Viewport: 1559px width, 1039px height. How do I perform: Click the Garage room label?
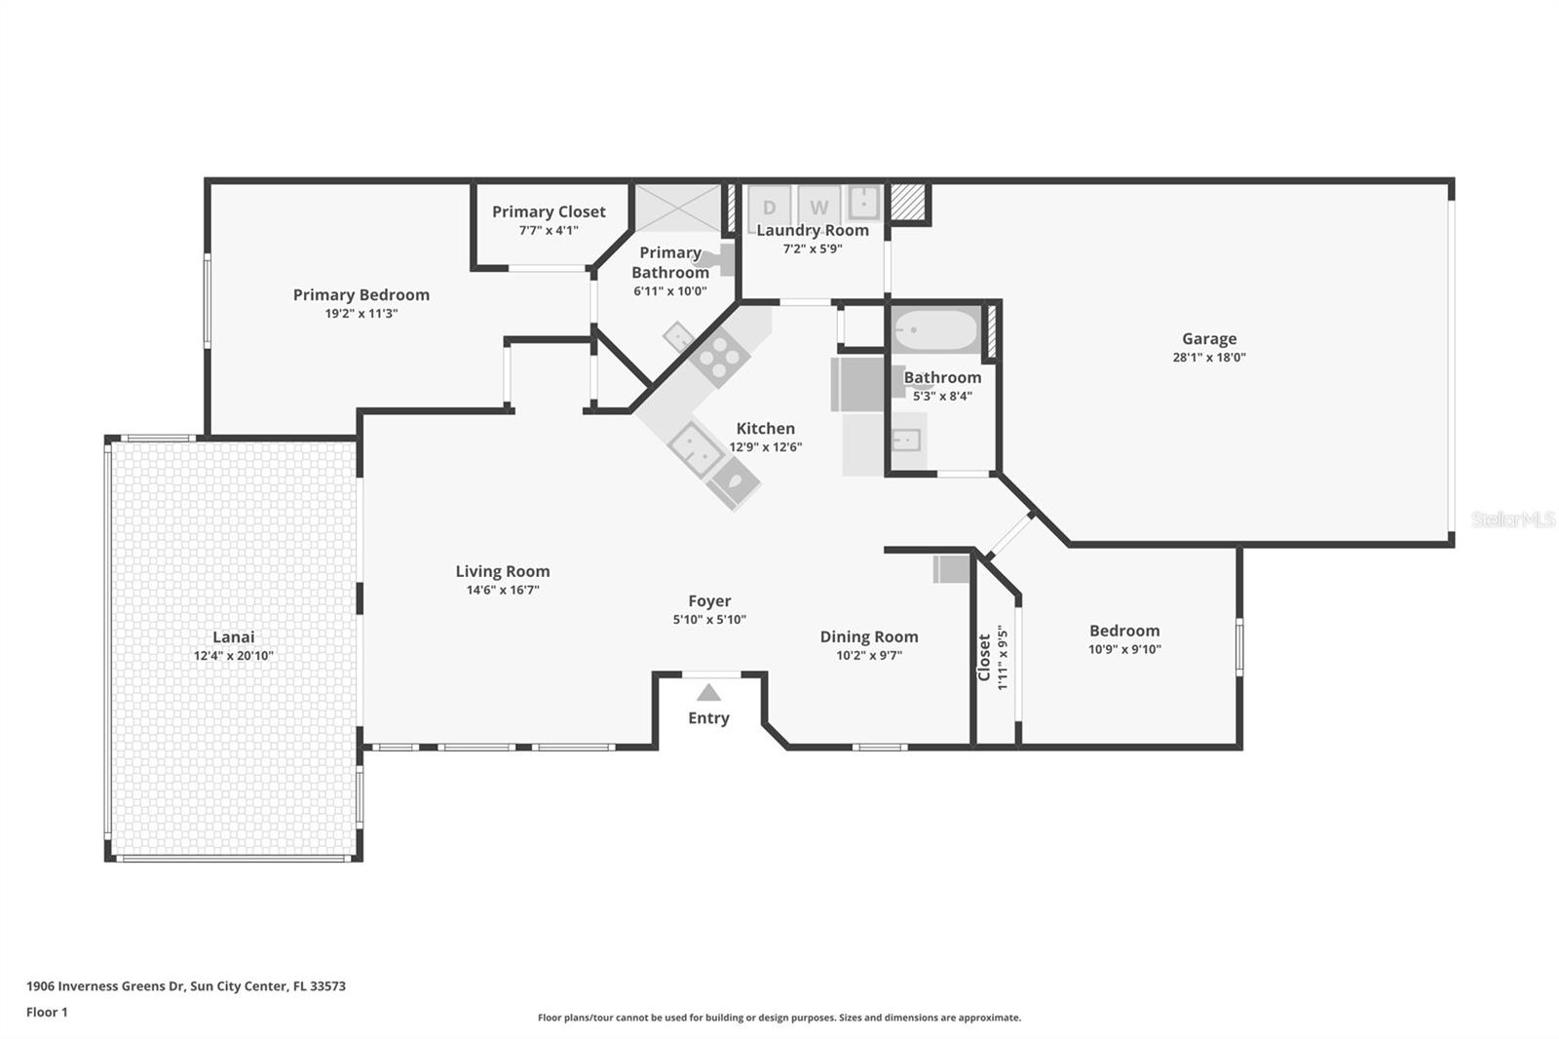click(1208, 339)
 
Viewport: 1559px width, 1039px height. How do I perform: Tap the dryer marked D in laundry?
click(769, 207)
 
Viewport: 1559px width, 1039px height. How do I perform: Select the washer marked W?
click(819, 207)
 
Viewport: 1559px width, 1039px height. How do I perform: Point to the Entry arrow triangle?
click(708, 693)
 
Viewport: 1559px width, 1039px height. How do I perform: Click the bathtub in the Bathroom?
click(935, 331)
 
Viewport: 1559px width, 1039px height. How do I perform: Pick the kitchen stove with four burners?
click(719, 356)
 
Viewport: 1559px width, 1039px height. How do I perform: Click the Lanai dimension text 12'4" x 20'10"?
click(233, 656)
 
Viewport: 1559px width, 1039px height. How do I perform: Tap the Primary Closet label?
click(549, 212)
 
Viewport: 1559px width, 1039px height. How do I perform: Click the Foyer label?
click(708, 601)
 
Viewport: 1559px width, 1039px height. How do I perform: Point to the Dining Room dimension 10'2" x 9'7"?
click(868, 655)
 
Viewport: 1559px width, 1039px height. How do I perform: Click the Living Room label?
click(502, 572)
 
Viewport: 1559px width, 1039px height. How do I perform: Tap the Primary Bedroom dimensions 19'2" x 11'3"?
click(361, 314)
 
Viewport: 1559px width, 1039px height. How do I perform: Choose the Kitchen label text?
click(765, 429)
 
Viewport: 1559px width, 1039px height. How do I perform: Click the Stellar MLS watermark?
click(1512, 519)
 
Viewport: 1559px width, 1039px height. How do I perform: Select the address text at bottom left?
click(185, 986)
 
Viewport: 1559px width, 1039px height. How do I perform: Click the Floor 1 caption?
click(47, 1013)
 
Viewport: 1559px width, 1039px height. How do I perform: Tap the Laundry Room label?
click(813, 231)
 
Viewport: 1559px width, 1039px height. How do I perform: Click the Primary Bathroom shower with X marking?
click(677, 207)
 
